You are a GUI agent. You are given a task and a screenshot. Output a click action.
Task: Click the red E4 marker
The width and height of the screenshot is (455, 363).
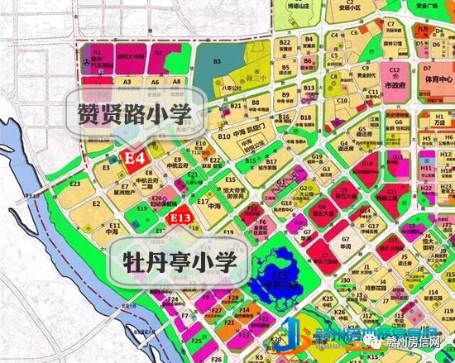135,156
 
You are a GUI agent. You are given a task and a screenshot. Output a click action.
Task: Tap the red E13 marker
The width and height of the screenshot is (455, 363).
180,217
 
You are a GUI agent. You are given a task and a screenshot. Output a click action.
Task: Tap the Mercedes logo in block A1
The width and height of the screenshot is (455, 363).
87,64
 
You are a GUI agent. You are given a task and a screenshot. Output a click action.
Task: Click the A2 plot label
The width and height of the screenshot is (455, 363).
158,53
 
